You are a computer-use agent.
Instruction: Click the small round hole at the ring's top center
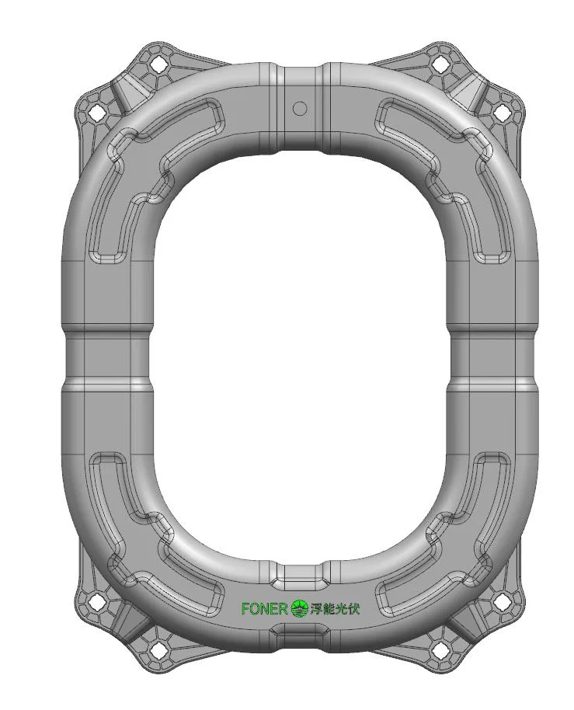pos(300,108)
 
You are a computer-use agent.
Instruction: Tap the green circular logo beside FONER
pos(299,608)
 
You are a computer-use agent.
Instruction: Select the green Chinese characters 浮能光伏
pos(335,608)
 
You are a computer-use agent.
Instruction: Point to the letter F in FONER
pos(245,608)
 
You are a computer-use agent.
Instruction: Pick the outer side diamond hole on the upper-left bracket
pos(96,113)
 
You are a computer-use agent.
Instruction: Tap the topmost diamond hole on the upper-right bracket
pos(440,64)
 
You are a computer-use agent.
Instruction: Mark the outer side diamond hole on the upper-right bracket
pos(503,113)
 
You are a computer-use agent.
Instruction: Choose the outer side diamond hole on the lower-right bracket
pos(503,600)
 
